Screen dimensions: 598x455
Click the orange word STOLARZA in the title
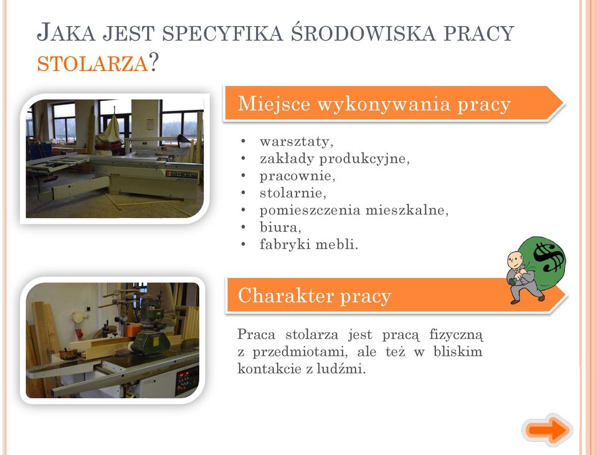click(92, 64)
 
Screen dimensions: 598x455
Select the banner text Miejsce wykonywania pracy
click(374, 105)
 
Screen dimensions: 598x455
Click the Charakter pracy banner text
click(314, 296)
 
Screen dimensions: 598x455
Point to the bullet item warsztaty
click(297, 141)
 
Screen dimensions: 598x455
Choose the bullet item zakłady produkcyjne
click(335, 158)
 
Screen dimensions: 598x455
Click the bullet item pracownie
click(297, 176)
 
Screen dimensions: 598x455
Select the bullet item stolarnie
click(293, 193)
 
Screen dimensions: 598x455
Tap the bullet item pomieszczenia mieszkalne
click(354, 210)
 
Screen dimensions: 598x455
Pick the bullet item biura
click(280, 227)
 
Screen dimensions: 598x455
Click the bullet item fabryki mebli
click(309, 244)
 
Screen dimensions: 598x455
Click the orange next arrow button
click(548, 430)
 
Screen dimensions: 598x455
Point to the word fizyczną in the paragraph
click(456, 335)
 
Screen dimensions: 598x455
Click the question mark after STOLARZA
click(153, 62)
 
